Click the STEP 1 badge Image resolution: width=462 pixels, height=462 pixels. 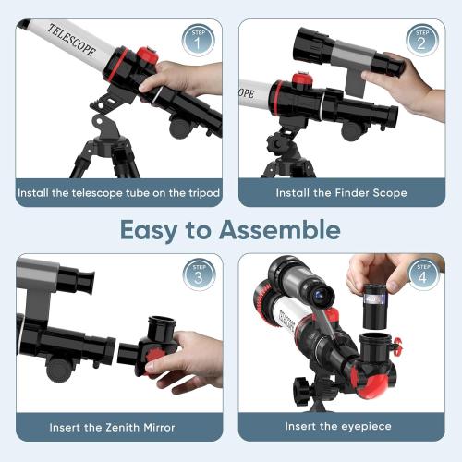pyautogui.click(x=196, y=41)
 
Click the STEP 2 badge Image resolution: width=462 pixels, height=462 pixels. pyautogui.click(x=421, y=41)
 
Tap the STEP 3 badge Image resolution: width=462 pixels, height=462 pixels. pyautogui.click(x=196, y=274)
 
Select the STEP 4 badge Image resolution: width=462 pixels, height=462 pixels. pyautogui.click(x=421, y=274)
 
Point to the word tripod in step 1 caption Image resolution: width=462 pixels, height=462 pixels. pyautogui.click(x=196, y=193)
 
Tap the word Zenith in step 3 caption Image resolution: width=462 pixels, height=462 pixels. pyautogui.click(x=112, y=428)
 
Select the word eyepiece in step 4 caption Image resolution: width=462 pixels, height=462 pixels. pyautogui.click(x=363, y=428)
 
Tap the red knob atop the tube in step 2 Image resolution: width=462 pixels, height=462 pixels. pyautogui.click(x=301, y=81)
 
